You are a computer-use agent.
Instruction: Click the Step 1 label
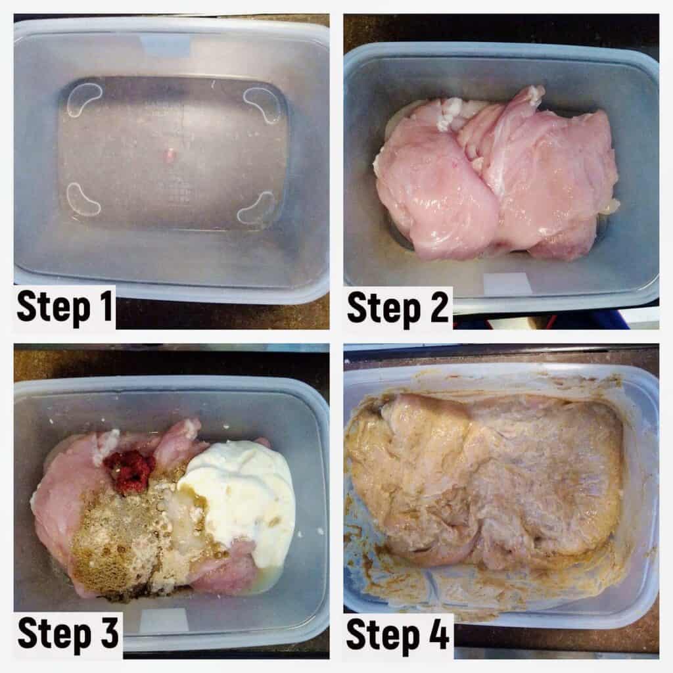[x=65, y=306]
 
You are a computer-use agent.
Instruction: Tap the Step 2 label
[x=398, y=308]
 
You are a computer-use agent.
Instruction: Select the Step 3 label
[x=68, y=634]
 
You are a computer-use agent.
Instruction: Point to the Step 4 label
[x=398, y=634]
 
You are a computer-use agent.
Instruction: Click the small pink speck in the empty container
[x=170, y=154]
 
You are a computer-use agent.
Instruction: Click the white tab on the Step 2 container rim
[x=508, y=283]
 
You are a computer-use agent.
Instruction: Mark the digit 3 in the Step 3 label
[x=109, y=632]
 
